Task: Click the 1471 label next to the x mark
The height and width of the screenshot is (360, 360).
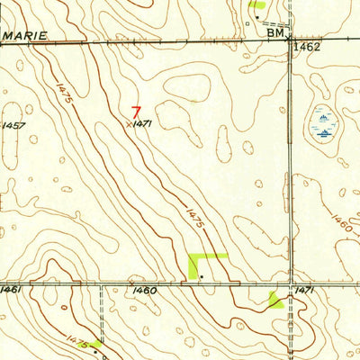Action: coord(141,125)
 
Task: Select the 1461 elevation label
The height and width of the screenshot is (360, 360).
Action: coord(11,289)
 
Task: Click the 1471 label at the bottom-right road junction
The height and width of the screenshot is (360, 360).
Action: coord(307,291)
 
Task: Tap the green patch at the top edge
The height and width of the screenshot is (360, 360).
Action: coord(257,4)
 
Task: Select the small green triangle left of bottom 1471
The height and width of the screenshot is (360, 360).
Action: coord(275,301)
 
